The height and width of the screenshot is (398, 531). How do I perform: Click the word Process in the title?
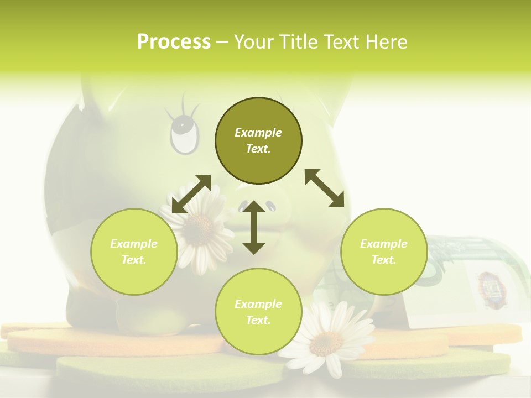(174, 42)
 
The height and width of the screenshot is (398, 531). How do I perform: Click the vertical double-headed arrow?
(254, 227)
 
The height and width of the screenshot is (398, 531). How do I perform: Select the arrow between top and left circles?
(191, 194)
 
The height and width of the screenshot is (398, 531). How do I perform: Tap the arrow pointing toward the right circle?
(325, 188)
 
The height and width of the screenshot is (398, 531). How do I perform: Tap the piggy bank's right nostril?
(270, 206)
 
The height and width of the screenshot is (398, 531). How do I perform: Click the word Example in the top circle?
(258, 133)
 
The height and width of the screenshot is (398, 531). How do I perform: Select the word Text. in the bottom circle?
(258, 320)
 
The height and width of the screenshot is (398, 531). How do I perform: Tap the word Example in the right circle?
(384, 244)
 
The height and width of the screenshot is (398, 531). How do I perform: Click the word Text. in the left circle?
(134, 260)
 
